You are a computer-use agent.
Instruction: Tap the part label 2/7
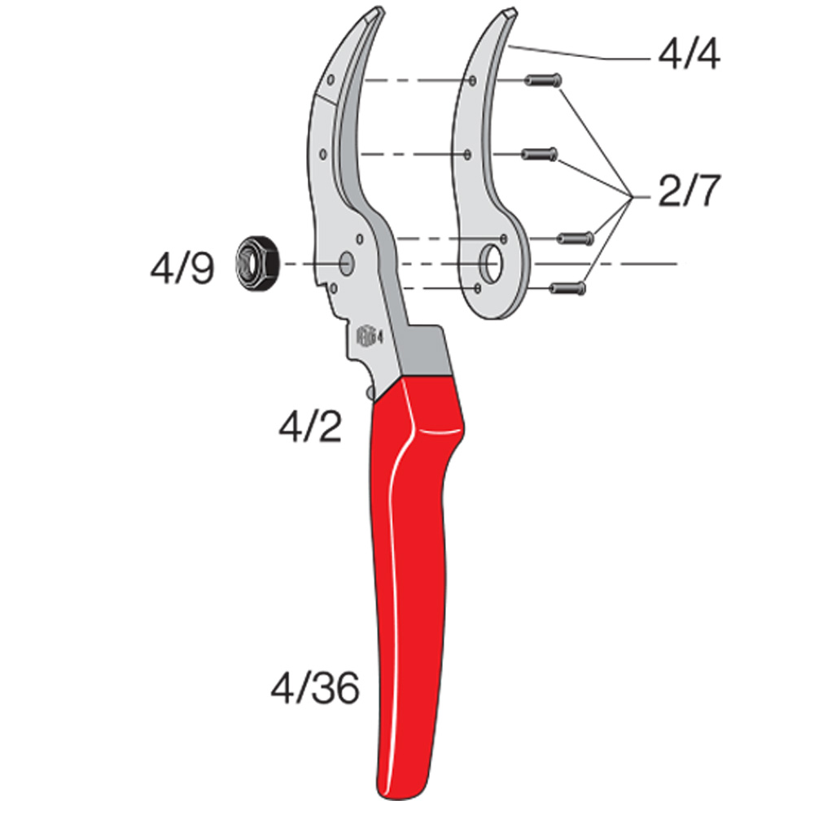(x=689, y=191)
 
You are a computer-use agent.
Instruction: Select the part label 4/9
(x=182, y=269)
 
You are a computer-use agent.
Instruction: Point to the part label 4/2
(x=310, y=427)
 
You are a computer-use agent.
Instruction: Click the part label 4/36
(x=315, y=687)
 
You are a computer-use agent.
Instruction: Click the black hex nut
(x=257, y=263)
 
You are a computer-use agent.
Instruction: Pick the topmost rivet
(x=543, y=81)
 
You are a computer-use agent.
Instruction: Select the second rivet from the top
(x=540, y=154)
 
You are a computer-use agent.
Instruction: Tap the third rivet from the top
(x=575, y=239)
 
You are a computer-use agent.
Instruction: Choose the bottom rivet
(x=568, y=287)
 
